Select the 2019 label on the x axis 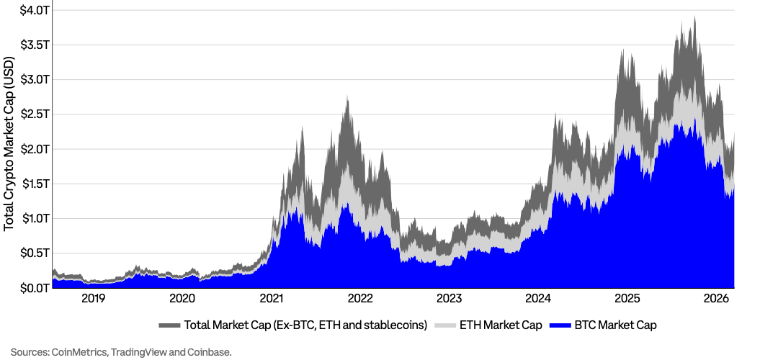tap(93, 299)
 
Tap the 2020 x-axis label tap(182, 299)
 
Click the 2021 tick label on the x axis tap(272, 299)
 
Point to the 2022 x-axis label tap(360, 299)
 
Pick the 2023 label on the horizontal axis tap(450, 299)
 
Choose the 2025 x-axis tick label tap(627, 299)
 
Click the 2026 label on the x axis tap(717, 299)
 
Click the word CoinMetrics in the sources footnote tap(76, 352)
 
